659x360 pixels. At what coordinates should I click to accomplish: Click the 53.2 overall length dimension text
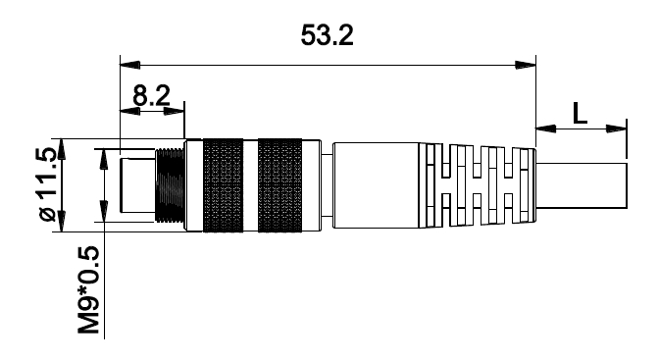(x=327, y=35)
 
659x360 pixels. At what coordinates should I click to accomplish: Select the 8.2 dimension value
(x=151, y=96)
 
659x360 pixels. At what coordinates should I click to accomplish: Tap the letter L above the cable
(x=581, y=113)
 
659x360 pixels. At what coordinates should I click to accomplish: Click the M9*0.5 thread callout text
(x=88, y=289)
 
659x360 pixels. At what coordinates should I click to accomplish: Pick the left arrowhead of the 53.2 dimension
(x=129, y=65)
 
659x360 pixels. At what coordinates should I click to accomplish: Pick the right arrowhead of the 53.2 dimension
(x=526, y=65)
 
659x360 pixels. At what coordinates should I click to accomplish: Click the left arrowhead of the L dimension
(x=545, y=129)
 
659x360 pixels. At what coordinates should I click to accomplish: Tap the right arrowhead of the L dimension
(x=616, y=129)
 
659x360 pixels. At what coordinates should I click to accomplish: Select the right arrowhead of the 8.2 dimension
(x=174, y=112)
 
